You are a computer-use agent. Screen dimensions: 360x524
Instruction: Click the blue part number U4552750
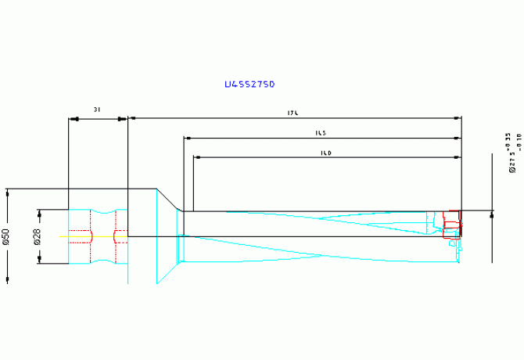coord(249,84)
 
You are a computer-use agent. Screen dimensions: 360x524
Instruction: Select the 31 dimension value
coord(96,110)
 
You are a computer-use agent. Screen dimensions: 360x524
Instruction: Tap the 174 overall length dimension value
coord(294,113)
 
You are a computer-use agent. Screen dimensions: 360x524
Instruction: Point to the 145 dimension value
coord(320,133)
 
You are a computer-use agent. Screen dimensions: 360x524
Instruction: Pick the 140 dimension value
coord(326,153)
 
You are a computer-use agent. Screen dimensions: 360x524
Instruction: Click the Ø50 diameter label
coord(6,236)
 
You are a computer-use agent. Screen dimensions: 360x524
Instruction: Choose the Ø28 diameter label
coord(38,236)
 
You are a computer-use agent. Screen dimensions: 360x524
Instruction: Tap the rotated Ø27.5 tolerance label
coord(514,152)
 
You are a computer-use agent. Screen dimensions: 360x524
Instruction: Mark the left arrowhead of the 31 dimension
coord(74,119)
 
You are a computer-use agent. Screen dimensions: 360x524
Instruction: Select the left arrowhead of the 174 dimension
coord(133,118)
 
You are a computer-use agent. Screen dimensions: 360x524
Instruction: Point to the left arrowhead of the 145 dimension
coord(188,138)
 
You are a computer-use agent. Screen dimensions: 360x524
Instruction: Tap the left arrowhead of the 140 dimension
coord(197,157)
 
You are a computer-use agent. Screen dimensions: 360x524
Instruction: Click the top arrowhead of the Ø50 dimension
coord(8,193)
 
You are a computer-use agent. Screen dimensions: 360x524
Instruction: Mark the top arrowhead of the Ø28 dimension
coord(38,213)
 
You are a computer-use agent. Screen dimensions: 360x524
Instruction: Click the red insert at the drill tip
coord(452,225)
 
